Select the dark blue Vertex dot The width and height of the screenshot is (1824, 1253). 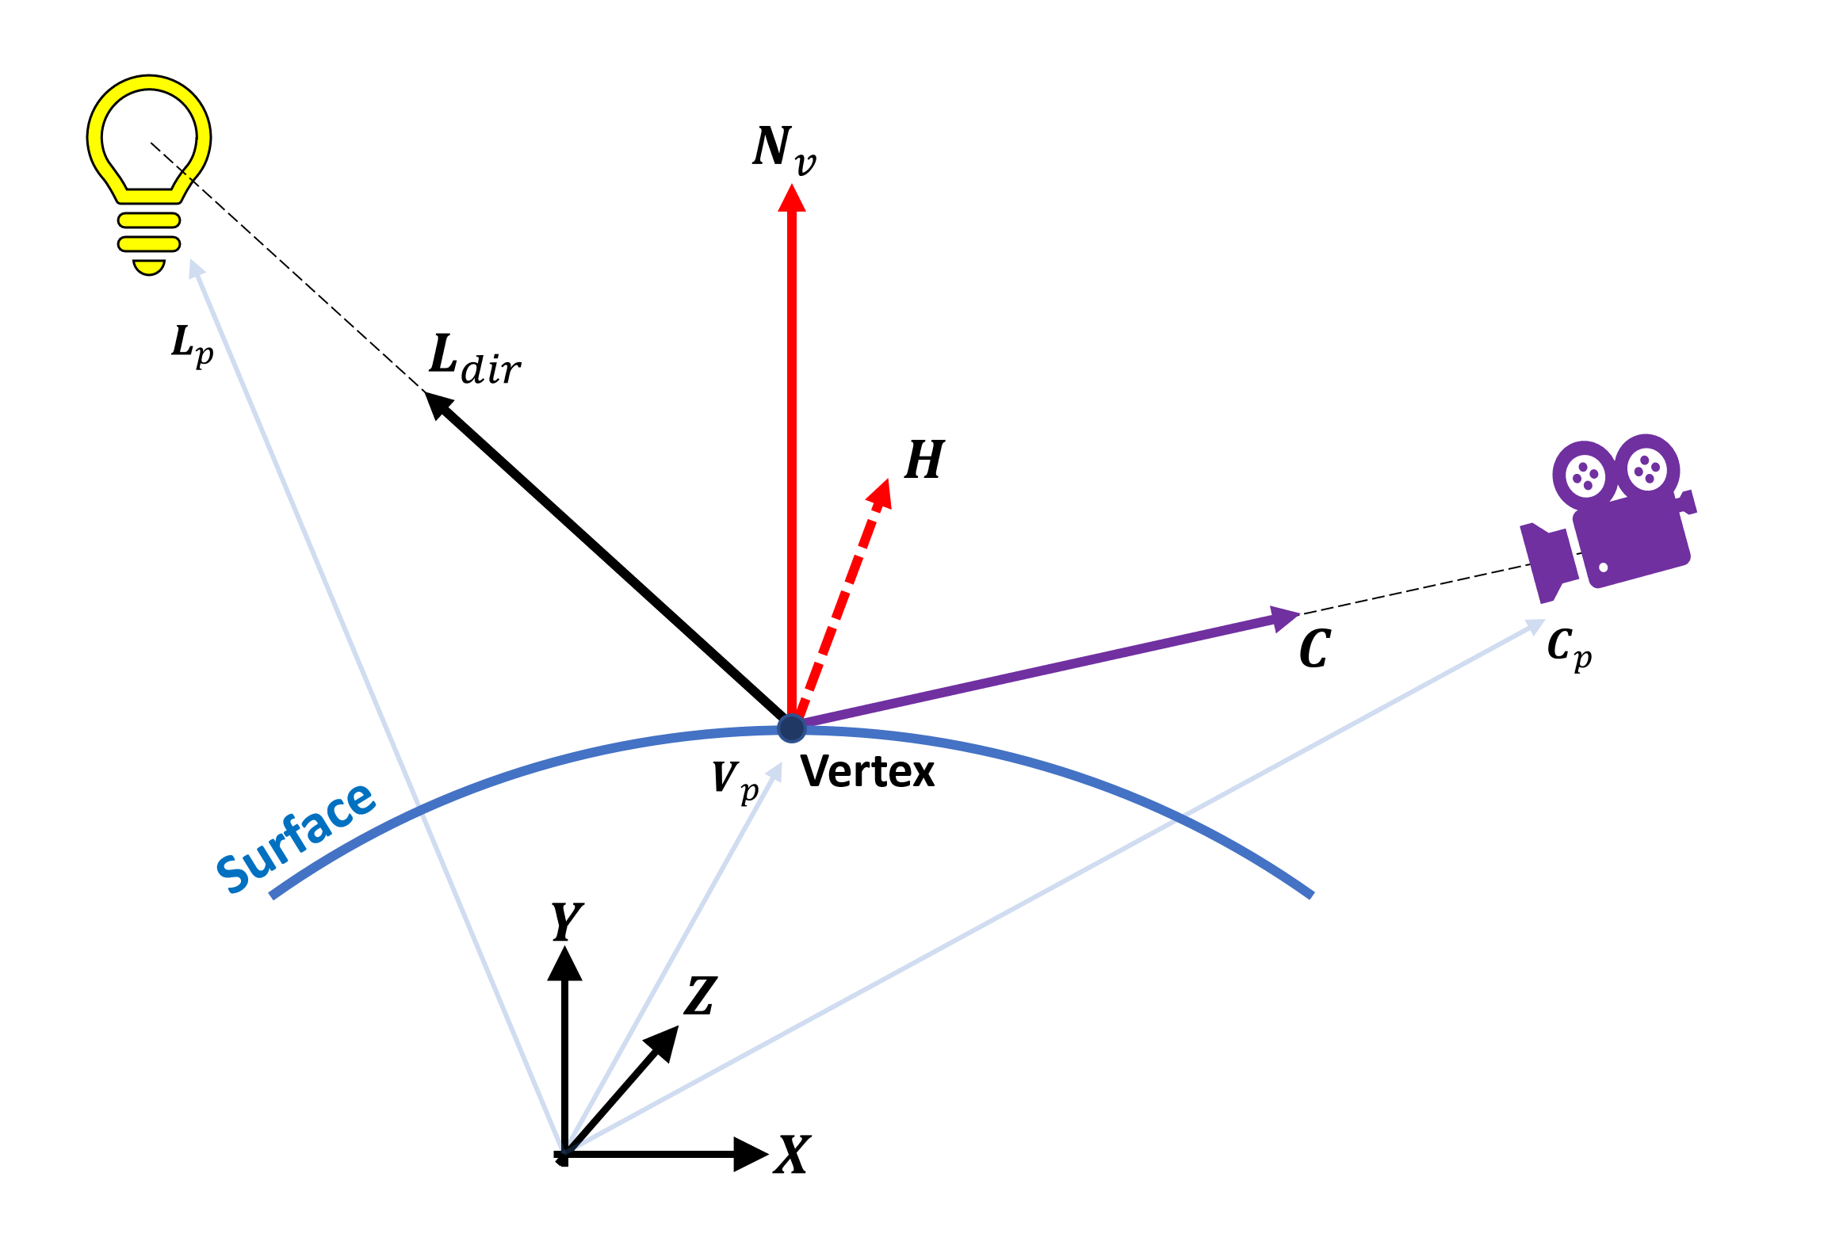point(791,728)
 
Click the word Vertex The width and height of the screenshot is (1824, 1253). point(867,771)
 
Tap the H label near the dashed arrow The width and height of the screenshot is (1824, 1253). point(924,460)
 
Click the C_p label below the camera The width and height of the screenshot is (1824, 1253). point(1569,648)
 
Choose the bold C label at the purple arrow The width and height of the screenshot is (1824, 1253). point(1315,649)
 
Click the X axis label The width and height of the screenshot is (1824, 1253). point(793,1155)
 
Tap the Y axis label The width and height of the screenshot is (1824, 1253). point(567,922)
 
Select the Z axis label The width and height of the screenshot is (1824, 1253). point(701,996)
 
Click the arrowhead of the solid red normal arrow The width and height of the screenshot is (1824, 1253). point(791,198)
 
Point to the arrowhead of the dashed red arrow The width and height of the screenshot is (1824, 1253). point(880,493)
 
